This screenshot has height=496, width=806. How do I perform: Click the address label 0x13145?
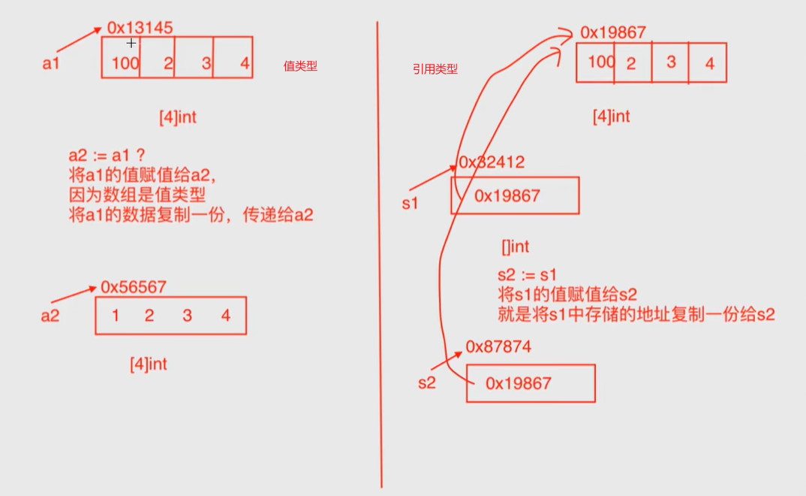(140, 28)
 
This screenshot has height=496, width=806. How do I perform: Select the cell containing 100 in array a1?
(122, 58)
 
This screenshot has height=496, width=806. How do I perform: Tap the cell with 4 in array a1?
(233, 58)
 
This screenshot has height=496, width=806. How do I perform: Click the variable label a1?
(51, 63)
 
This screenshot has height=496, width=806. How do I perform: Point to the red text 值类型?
(300, 66)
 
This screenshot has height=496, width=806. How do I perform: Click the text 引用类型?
(435, 69)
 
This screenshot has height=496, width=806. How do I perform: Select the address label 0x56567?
(134, 287)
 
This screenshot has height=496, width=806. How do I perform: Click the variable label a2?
(50, 316)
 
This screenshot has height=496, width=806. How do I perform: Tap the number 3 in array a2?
(187, 316)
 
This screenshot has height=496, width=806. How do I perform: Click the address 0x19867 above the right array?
(612, 33)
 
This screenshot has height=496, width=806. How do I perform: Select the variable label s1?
(410, 203)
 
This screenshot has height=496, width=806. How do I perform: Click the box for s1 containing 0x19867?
(515, 195)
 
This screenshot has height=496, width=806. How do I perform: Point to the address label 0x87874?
(498, 346)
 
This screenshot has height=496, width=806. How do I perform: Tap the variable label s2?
(426, 383)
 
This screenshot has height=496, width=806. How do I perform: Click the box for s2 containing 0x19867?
(530, 383)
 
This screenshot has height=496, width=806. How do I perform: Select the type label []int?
(516, 246)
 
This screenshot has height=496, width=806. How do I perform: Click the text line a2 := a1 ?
(106, 156)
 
